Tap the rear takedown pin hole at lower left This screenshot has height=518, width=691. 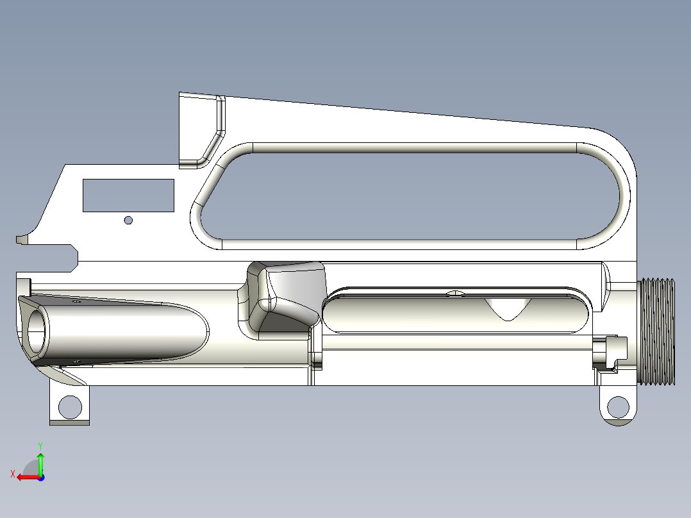tap(70, 406)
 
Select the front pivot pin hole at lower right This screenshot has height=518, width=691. tap(618, 406)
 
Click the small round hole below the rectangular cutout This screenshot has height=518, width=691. tap(128, 220)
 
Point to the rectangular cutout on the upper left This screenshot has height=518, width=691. tap(128, 195)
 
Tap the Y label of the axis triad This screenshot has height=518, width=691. tap(40, 444)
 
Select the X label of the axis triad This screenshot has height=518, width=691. tap(12, 474)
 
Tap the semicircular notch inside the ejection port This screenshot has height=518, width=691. tap(510, 309)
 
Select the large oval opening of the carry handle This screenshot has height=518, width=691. tap(410, 196)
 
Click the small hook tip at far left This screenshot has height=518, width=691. tap(21, 240)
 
